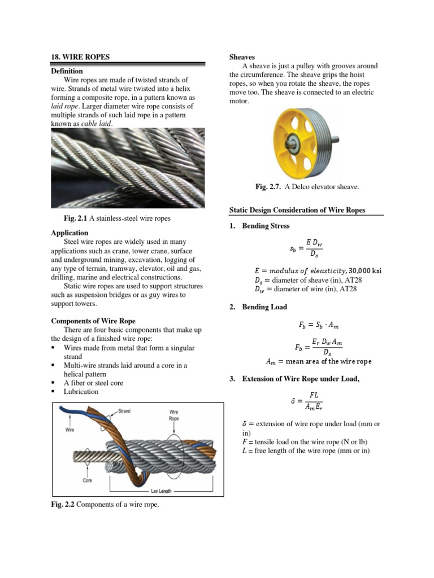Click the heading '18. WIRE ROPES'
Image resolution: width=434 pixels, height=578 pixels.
pos(80,57)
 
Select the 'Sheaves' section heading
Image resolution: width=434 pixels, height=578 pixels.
pos(242,57)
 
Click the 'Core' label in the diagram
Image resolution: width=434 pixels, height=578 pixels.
pos(87,480)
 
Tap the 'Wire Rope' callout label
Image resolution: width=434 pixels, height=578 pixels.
pos(174,415)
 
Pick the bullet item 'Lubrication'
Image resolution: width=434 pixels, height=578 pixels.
pos(81,391)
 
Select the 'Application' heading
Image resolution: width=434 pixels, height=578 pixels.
pos(70,233)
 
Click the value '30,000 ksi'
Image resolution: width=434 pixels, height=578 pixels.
pos(365,271)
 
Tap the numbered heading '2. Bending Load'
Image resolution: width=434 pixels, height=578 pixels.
pos(259,307)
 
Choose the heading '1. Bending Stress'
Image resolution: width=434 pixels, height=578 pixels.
pos(260,226)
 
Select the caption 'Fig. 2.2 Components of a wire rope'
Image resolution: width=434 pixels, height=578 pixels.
pos(105,505)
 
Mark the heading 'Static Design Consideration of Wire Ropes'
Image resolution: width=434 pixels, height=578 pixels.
pos(297,210)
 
